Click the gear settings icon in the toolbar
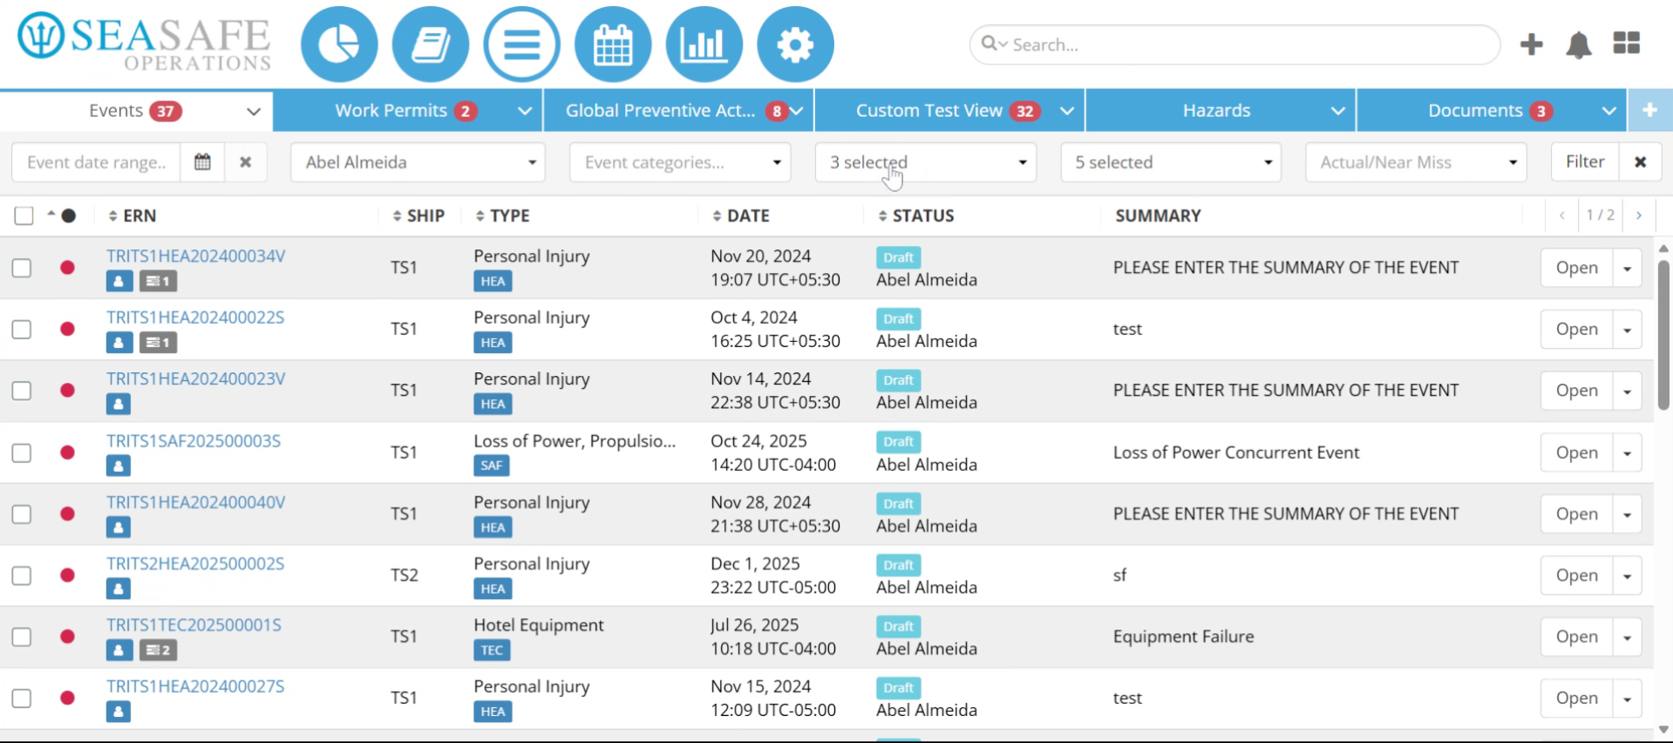(795, 44)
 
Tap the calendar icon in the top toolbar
(613, 44)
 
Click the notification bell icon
(1579, 44)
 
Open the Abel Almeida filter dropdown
(418, 162)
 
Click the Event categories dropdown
(680, 162)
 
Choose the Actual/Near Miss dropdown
(1416, 162)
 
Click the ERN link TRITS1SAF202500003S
(194, 441)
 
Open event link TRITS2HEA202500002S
(195, 564)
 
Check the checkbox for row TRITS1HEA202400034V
(23, 268)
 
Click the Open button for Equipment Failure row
(1576, 637)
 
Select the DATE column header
(741, 215)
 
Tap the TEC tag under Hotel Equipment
(492, 651)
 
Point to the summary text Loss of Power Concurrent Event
(1236, 453)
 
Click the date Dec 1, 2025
(755, 564)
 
